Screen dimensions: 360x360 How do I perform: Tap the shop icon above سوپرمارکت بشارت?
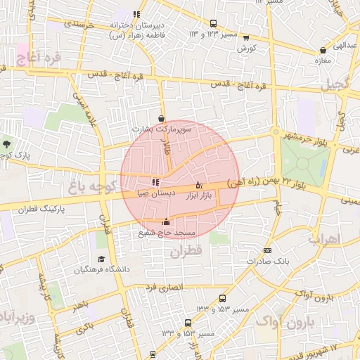point(163,119)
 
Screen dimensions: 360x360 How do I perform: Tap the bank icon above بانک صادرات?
point(266,250)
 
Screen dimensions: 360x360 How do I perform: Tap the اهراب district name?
point(324,239)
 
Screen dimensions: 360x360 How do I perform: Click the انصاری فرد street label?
point(163,288)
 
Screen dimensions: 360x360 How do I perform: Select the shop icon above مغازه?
point(323,51)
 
